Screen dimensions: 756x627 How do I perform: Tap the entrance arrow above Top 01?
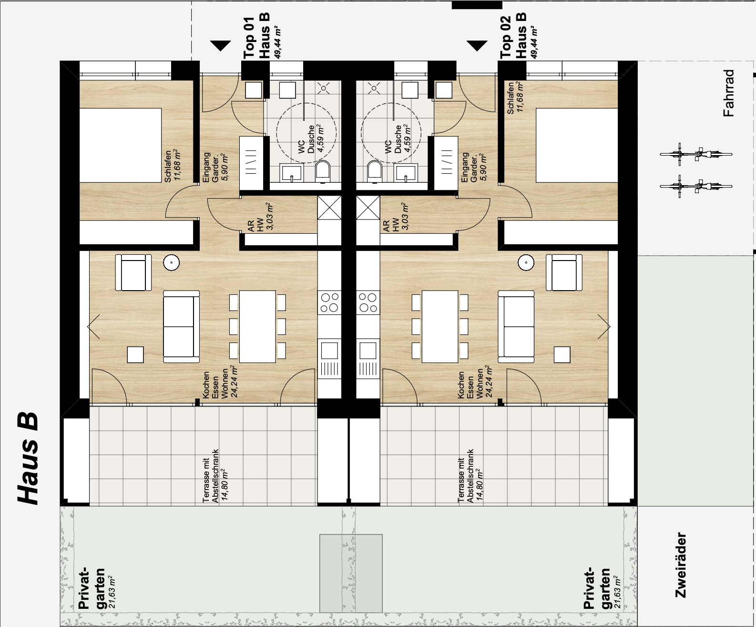click(221, 46)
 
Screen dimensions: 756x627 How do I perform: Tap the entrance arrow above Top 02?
click(477, 46)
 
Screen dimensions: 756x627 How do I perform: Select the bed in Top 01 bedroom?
click(120, 145)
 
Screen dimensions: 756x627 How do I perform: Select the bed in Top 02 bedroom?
click(577, 145)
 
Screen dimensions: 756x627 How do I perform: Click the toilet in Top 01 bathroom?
click(323, 172)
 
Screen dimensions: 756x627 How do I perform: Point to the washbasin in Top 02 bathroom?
click(407, 173)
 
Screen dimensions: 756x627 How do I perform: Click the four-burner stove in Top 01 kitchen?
click(329, 303)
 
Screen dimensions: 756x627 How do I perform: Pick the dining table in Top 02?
click(440, 326)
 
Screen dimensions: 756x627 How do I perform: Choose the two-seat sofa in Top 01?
click(182, 326)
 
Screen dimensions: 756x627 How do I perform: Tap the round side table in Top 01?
click(171, 262)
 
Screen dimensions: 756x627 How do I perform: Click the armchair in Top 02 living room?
click(564, 272)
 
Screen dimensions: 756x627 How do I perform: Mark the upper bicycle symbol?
click(696, 154)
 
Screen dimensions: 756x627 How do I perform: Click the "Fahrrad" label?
click(728, 93)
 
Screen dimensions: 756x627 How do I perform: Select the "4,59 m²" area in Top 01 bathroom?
click(320, 139)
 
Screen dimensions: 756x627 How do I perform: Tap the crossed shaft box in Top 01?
click(329, 208)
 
